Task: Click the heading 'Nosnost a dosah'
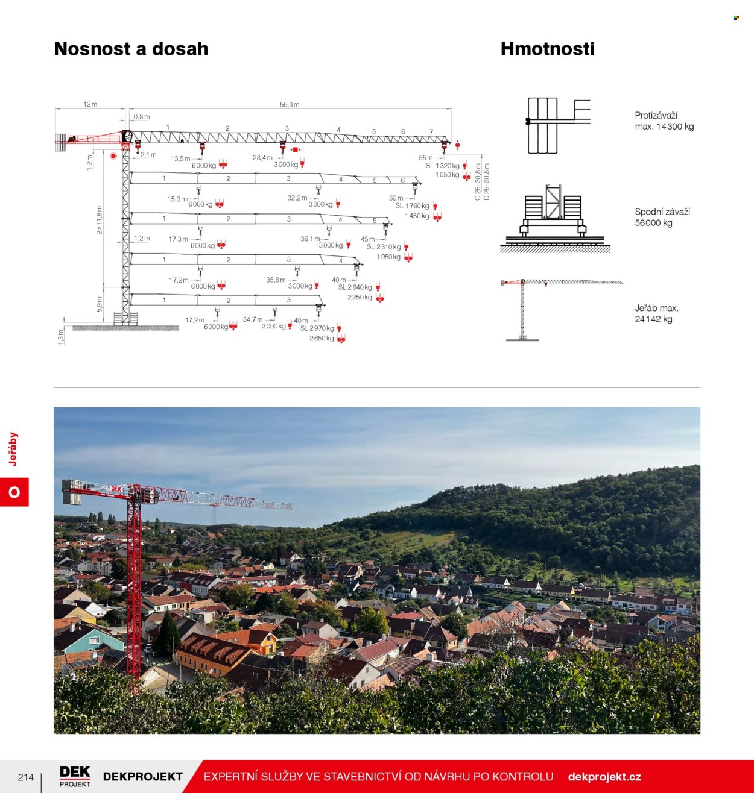click(x=131, y=49)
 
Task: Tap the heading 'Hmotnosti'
click(x=548, y=49)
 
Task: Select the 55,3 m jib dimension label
click(x=290, y=104)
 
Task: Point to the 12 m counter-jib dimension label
click(x=90, y=104)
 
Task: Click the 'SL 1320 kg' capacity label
click(x=442, y=166)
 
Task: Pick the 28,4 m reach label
click(x=262, y=158)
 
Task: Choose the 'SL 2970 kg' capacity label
click(x=317, y=328)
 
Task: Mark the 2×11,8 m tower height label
click(x=100, y=220)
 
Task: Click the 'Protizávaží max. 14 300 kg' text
click(x=664, y=121)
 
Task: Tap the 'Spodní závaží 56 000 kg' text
click(x=662, y=217)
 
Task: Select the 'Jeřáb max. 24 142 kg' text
click(x=657, y=313)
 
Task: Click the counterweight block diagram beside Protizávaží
click(x=558, y=125)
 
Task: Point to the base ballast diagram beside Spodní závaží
click(x=555, y=218)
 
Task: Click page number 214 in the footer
click(x=26, y=777)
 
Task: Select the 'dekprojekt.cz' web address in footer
click(x=604, y=777)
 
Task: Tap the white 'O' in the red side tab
click(x=14, y=492)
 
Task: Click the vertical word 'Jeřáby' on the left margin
click(x=13, y=450)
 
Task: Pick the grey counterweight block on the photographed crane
click(x=72, y=492)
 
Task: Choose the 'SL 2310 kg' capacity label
click(x=384, y=247)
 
